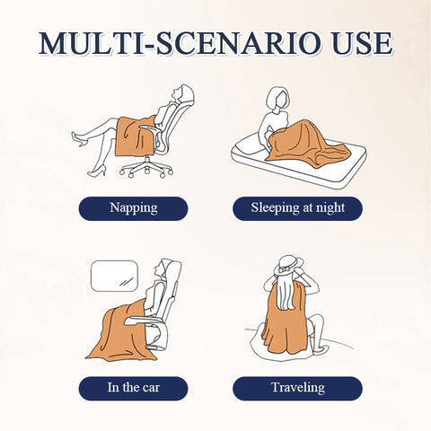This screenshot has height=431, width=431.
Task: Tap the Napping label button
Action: [133, 208]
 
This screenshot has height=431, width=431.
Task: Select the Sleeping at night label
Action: [297, 208]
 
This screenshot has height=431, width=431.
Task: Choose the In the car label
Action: [133, 388]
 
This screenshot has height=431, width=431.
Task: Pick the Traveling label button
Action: [297, 388]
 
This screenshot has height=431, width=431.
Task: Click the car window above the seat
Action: [114, 276]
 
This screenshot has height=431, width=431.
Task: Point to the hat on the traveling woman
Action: [287, 266]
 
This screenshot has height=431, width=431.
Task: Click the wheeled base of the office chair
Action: [146, 168]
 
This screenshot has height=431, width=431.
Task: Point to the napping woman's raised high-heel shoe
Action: [78, 138]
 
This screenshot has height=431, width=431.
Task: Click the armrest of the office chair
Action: [150, 128]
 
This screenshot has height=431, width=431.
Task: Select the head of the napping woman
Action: [181, 93]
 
